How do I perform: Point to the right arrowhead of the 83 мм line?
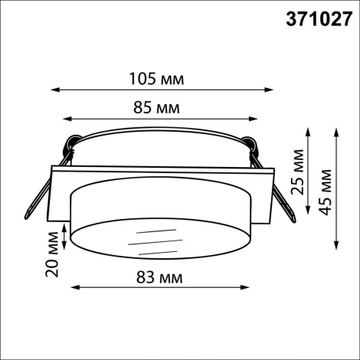click(x=248, y=289)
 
